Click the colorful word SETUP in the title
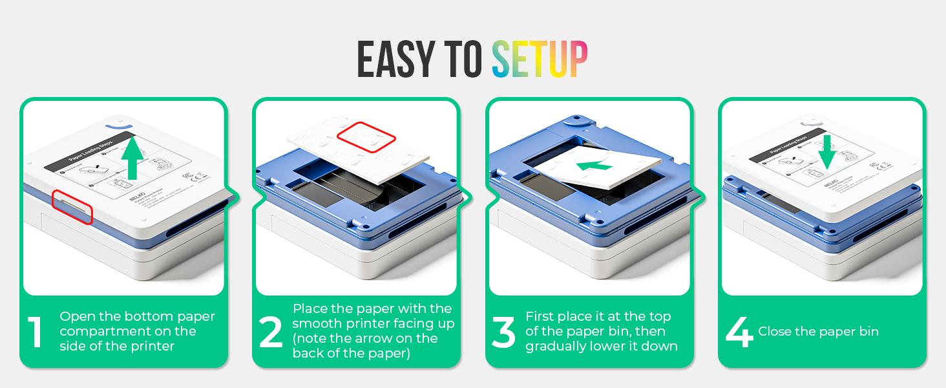(x=540, y=59)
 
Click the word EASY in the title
(x=395, y=59)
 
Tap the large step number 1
(x=36, y=332)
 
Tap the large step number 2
(x=271, y=332)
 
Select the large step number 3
(x=503, y=332)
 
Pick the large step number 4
(x=739, y=332)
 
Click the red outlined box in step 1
(x=72, y=206)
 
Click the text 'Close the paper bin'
(x=818, y=332)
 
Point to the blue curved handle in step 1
(x=120, y=122)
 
